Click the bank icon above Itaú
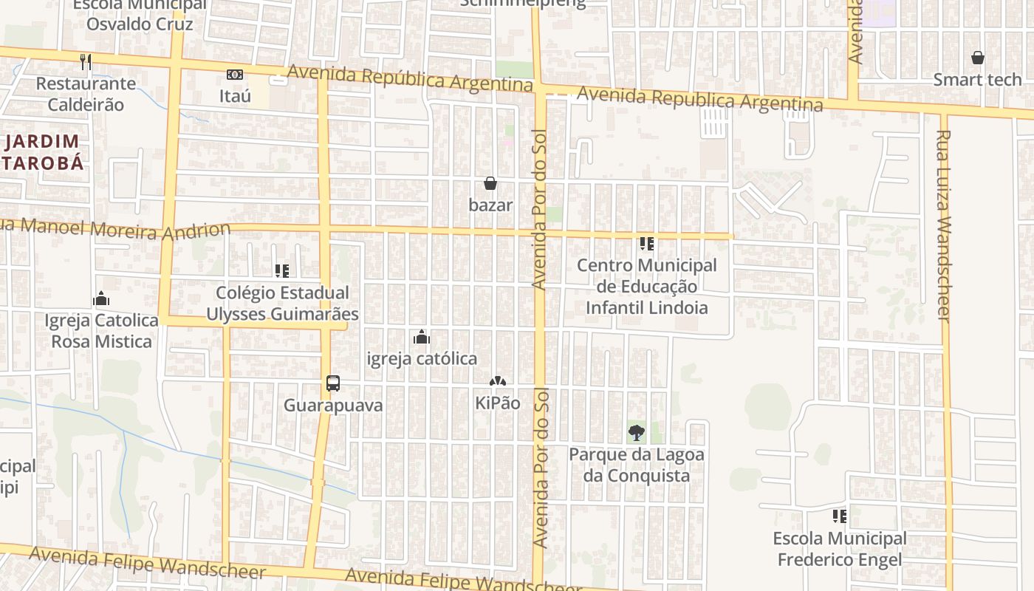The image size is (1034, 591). pos(235,75)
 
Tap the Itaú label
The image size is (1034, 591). pos(235,96)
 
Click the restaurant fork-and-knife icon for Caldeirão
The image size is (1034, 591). pos(86,62)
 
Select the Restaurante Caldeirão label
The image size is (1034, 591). pos(86,94)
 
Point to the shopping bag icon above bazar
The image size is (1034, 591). pos(490,183)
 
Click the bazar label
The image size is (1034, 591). pos(490,205)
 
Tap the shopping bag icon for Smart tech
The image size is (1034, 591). pos(977,58)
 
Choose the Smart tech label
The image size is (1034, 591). pos(977,79)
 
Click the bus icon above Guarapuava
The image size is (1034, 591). pos(333,383)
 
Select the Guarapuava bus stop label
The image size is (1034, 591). pos(333,405)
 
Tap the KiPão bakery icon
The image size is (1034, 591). pos(498,382)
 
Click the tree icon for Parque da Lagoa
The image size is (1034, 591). pos(636,433)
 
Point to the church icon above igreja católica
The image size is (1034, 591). pos(422,338)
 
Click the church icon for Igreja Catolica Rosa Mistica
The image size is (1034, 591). pos(101,299)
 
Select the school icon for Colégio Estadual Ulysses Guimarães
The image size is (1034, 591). pos(281,271)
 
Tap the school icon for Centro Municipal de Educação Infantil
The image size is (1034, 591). pos(647,243)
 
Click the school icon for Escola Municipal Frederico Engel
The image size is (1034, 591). pos(839,516)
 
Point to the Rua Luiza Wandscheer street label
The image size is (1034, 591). pos(943,225)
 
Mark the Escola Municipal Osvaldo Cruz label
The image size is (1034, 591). pos(140,15)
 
